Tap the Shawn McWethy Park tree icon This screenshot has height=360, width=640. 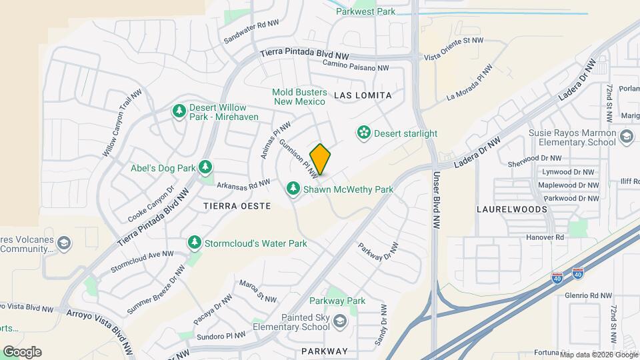(x=293, y=189)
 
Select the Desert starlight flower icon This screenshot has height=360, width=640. (x=363, y=133)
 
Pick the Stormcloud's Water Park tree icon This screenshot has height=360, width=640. (x=194, y=243)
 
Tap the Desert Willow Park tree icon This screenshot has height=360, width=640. (x=179, y=111)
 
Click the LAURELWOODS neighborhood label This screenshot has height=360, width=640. (x=512, y=209)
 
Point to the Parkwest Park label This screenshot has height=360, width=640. (x=365, y=11)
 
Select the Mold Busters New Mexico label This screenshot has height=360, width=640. (x=299, y=97)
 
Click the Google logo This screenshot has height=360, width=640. (x=22, y=351)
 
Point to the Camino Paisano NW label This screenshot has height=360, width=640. (x=355, y=65)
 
